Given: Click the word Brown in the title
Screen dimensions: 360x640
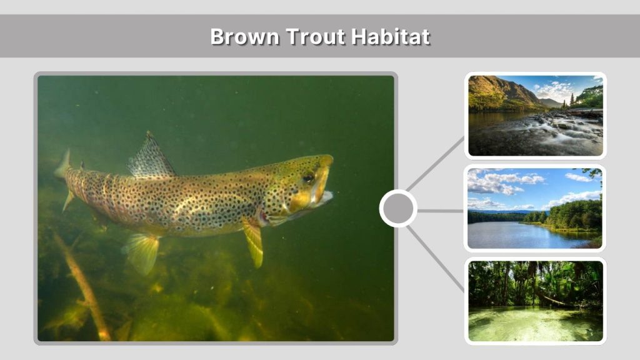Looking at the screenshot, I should [244, 36].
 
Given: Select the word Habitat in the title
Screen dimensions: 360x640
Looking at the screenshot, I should [390, 36].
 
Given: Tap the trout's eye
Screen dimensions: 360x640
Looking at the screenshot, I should [308, 178].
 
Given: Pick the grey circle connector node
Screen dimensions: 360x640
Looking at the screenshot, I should [398, 209].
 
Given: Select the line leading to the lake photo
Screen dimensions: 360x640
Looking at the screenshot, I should [441, 211].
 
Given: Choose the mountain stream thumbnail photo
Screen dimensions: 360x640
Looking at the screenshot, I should [536, 116].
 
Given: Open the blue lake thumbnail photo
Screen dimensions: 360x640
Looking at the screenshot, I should [536, 208].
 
